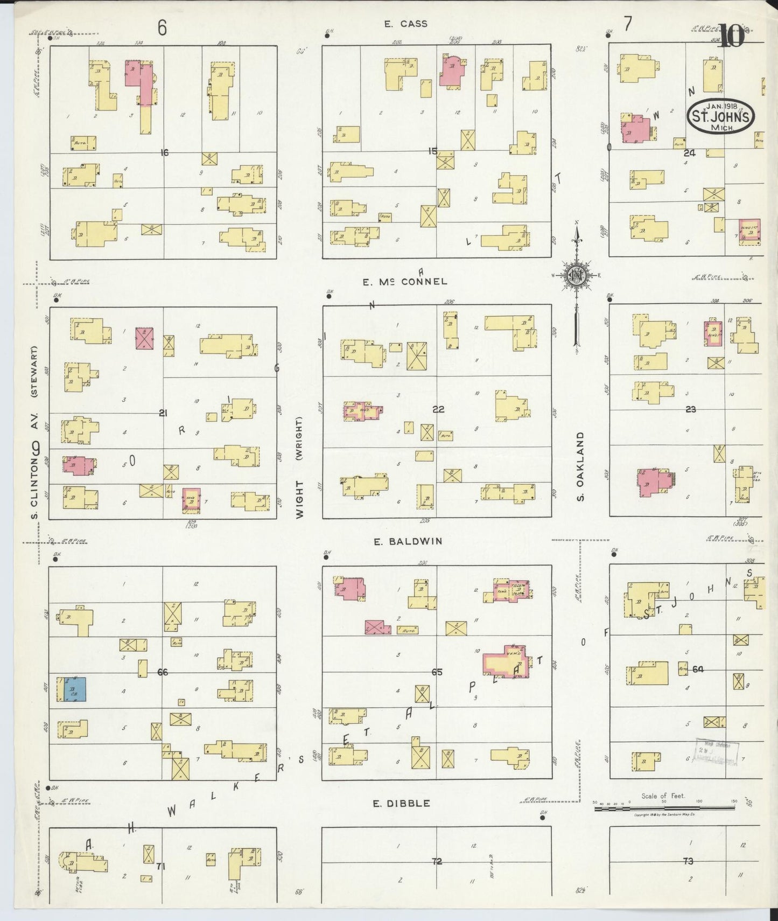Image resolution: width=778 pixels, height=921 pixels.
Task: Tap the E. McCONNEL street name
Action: coord(404,282)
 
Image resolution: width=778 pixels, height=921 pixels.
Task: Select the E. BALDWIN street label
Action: coord(408,541)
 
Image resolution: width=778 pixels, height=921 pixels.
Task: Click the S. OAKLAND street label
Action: coord(580,466)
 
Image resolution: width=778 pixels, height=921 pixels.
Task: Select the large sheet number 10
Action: coord(731,37)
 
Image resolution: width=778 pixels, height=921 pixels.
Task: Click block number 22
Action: coord(438,409)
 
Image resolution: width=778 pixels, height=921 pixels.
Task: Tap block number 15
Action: coord(432,151)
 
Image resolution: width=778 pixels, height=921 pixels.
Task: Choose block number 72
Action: coord(437,861)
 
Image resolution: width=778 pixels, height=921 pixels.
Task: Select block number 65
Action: coord(437,672)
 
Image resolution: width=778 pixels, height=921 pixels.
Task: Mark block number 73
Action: coord(688,861)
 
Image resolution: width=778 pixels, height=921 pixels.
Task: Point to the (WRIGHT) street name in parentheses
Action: coord(299,439)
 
